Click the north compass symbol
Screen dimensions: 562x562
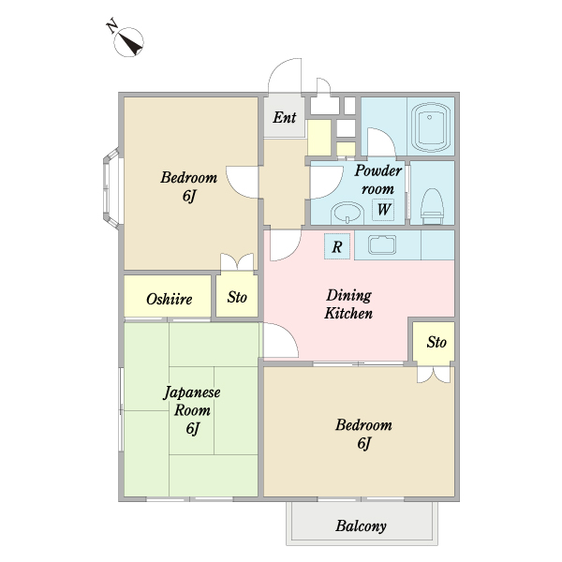pyautogui.click(x=128, y=41)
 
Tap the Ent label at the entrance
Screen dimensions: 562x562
pyautogui.click(x=285, y=117)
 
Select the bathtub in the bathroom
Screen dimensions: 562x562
pyautogui.click(x=430, y=127)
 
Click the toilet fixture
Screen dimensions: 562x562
pyautogui.click(x=432, y=206)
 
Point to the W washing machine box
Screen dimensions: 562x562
pyautogui.click(x=383, y=209)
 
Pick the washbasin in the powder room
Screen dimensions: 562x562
pyautogui.click(x=347, y=213)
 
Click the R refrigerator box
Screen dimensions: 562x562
pyautogui.click(x=337, y=246)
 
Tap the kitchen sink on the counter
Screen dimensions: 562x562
pyautogui.click(x=382, y=244)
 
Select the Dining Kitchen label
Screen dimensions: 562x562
pyautogui.click(x=348, y=304)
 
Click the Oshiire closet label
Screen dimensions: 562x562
pyautogui.click(x=170, y=299)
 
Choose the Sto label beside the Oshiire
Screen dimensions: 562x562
pyautogui.click(x=237, y=297)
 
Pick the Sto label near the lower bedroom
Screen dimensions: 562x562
pyautogui.click(x=436, y=342)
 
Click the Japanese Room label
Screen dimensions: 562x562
pyautogui.click(x=192, y=401)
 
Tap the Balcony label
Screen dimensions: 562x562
pyautogui.click(x=361, y=526)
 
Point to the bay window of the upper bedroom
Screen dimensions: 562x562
pyautogui.click(x=111, y=188)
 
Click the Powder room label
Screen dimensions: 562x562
pyautogui.click(x=378, y=179)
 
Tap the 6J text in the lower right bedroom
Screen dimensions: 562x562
pyautogui.click(x=363, y=443)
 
